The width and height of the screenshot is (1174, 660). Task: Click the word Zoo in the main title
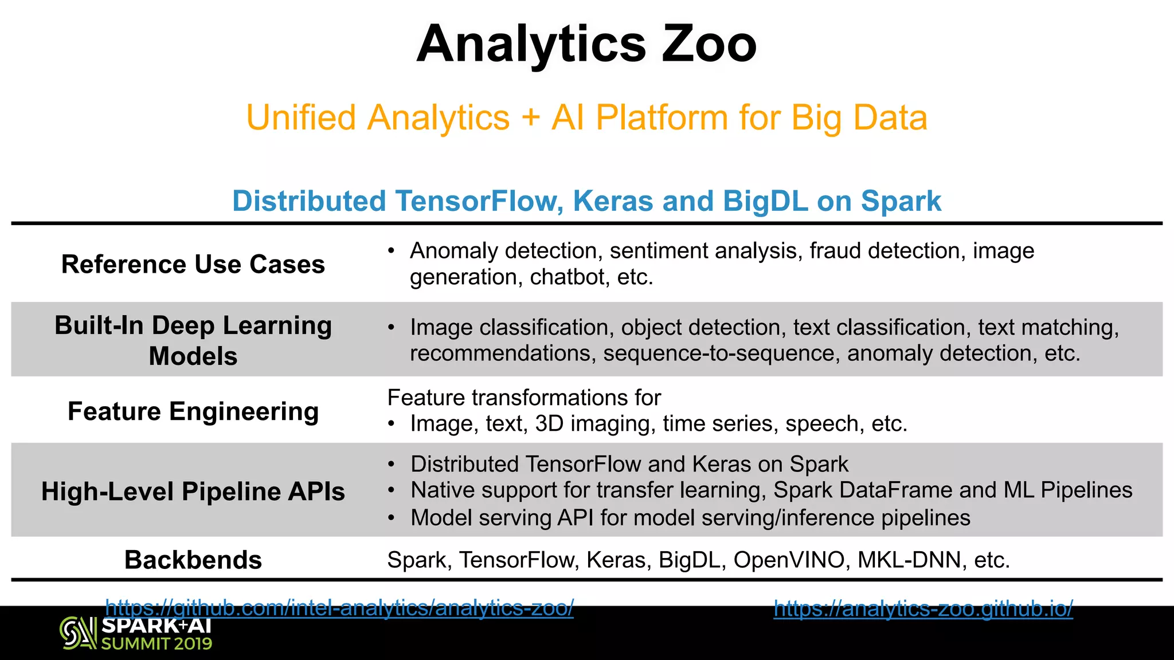709,44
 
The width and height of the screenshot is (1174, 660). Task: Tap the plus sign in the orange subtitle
531,118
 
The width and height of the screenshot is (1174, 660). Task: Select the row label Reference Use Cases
193,264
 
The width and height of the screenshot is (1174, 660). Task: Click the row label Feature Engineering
193,411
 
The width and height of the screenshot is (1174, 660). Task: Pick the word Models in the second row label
193,356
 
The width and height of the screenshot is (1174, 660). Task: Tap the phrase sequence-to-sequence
719,353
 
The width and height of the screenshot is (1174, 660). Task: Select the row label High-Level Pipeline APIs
193,492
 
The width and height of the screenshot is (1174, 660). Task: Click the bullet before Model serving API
391,518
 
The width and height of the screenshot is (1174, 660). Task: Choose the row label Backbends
193,560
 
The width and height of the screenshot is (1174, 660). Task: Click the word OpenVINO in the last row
789,560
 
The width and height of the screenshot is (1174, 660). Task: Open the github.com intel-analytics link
339,607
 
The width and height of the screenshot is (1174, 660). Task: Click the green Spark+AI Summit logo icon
78,633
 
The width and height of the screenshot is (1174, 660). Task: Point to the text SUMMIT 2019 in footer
156,643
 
